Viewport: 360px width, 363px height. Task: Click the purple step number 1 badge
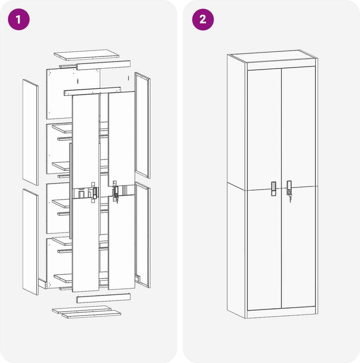tap(19, 20)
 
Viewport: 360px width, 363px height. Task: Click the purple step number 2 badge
tap(203, 20)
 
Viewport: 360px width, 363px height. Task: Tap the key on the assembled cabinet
tap(290, 199)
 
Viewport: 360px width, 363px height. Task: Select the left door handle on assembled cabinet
tap(273, 189)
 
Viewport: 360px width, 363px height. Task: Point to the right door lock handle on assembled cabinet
tap(289, 188)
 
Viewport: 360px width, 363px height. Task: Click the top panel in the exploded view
tap(87, 55)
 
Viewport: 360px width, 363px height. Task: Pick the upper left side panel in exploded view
tap(31, 132)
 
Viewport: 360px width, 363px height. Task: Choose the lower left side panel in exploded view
tap(31, 242)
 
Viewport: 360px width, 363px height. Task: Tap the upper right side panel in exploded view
tap(142, 125)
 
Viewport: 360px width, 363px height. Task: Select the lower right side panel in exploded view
tap(142, 235)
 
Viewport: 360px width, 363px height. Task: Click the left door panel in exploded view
tap(86, 193)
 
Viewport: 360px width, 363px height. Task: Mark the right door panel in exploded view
tap(122, 190)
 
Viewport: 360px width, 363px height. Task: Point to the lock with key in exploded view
tap(116, 193)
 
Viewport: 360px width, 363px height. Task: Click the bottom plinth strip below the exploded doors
tap(103, 298)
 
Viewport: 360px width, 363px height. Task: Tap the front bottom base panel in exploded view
tap(91, 315)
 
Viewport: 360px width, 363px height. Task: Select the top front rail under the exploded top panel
tap(103, 65)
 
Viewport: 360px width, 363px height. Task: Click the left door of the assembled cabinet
tap(264, 190)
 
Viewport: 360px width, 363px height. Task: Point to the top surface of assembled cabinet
tap(272, 56)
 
